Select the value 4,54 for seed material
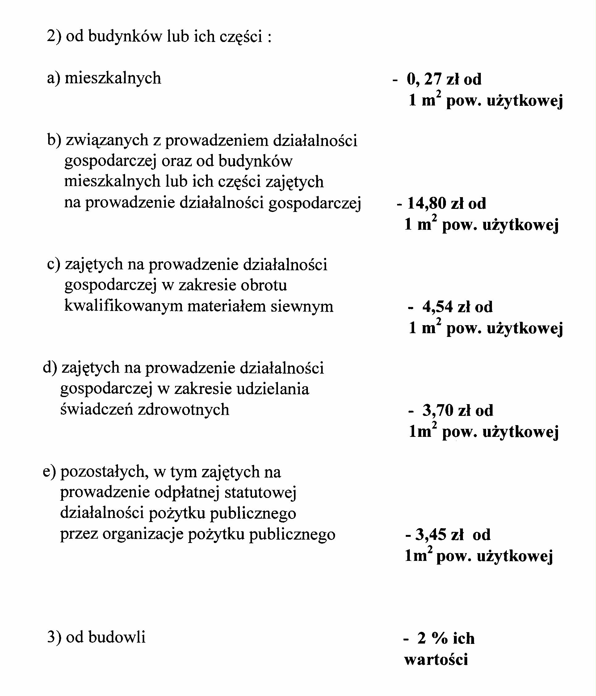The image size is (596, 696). click(436, 307)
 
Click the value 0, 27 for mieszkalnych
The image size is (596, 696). click(424, 79)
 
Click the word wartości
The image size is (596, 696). click(436, 660)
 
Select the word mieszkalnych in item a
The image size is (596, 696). click(113, 78)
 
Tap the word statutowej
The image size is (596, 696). click(260, 492)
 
